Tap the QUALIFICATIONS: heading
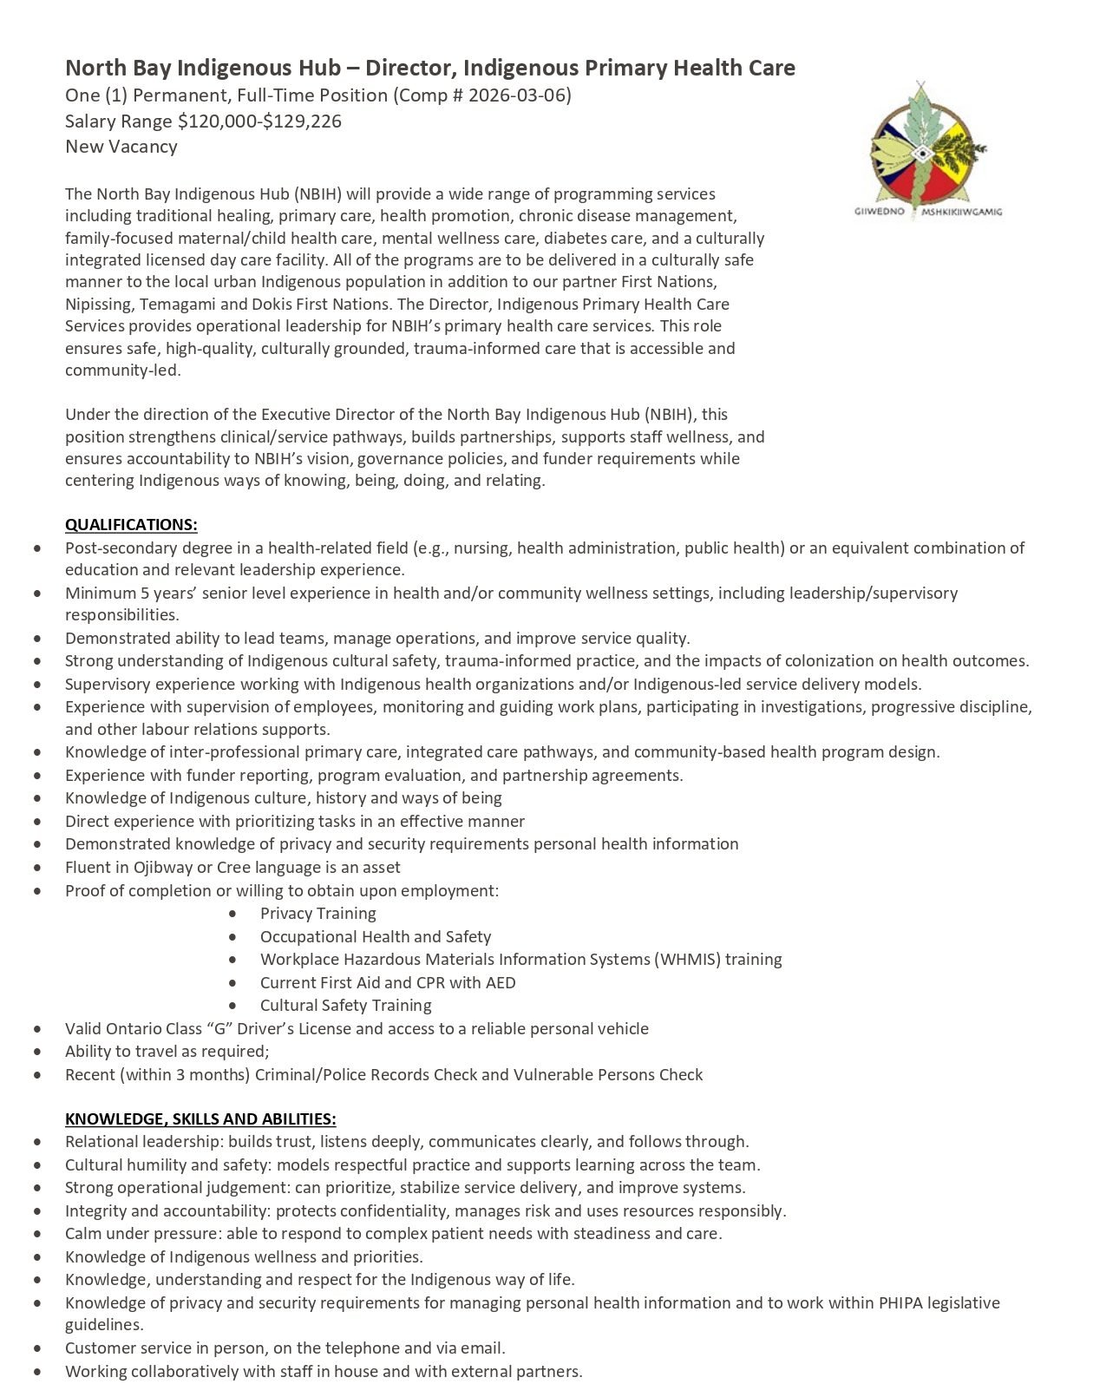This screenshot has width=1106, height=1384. (x=131, y=525)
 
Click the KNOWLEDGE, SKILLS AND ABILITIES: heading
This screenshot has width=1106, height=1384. (x=200, y=1119)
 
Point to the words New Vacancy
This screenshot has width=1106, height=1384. (x=121, y=147)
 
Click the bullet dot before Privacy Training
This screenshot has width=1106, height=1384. (x=233, y=914)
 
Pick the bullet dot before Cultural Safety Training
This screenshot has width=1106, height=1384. (x=233, y=1006)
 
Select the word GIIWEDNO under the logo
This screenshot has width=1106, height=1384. (x=880, y=212)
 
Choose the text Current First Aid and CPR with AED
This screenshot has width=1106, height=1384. (x=388, y=983)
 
